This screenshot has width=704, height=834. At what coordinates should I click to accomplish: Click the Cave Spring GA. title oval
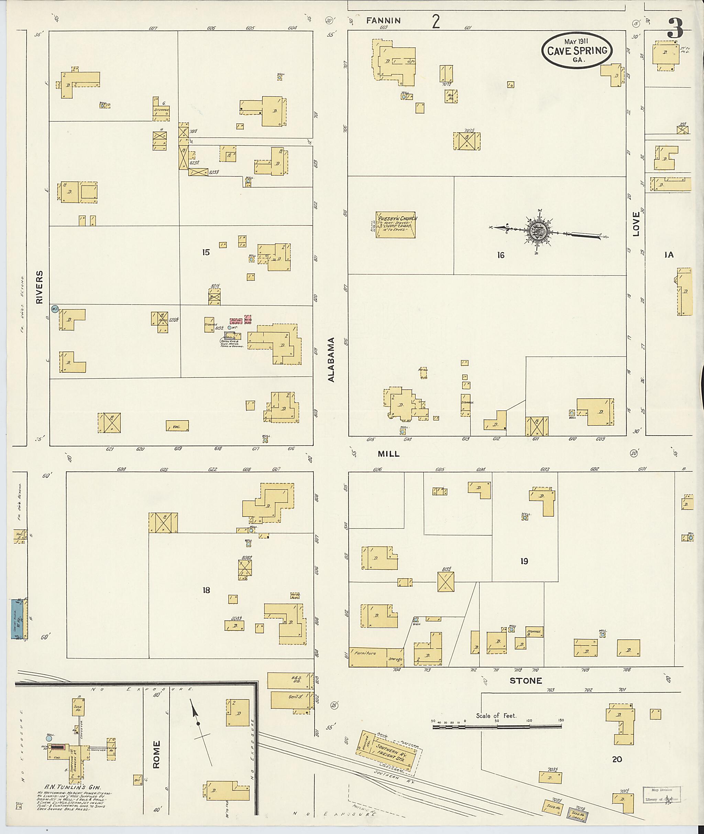click(x=576, y=50)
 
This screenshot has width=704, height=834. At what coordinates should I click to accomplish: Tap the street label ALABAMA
click(x=331, y=359)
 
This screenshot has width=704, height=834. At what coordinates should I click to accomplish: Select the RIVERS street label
click(x=39, y=287)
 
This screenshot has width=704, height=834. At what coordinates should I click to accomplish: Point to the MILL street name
click(x=389, y=454)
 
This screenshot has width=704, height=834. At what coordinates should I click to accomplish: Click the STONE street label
click(x=526, y=681)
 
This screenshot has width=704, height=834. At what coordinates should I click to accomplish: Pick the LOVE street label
click(x=636, y=224)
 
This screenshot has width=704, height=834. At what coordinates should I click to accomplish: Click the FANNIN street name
click(x=384, y=20)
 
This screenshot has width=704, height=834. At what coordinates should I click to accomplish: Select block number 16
click(x=500, y=255)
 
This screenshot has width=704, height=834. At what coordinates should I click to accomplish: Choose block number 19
click(x=524, y=561)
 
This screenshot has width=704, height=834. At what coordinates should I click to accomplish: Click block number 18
click(x=206, y=590)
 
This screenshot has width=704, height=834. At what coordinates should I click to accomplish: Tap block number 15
click(x=206, y=252)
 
